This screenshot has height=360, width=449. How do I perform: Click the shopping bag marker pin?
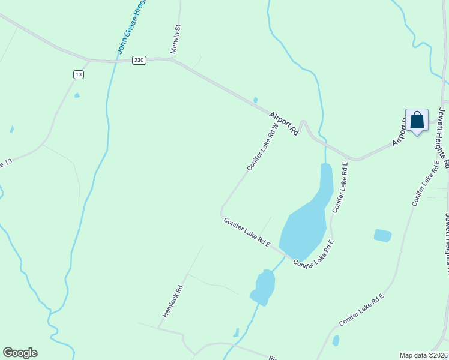pos(417,121)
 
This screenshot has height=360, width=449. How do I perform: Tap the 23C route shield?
pos(139,60)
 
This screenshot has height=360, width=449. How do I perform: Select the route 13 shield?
pos(79,74)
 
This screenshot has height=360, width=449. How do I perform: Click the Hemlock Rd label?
pos(172,301)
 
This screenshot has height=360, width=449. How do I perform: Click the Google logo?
pos(20,353)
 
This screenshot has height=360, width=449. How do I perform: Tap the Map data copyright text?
pos(424,355)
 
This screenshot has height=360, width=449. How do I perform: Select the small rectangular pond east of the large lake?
pos(382,235)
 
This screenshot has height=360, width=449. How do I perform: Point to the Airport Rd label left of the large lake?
pos(283,123)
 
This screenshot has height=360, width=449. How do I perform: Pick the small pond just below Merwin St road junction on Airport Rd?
pos(256,100)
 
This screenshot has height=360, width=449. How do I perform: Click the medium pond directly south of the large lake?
pos(264,287)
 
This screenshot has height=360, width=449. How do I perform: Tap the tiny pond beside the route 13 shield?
pos(77,95)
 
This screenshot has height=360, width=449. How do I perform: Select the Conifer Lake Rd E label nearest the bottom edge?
pos(361,310)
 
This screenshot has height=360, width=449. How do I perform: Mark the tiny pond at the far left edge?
pos(11,129)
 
